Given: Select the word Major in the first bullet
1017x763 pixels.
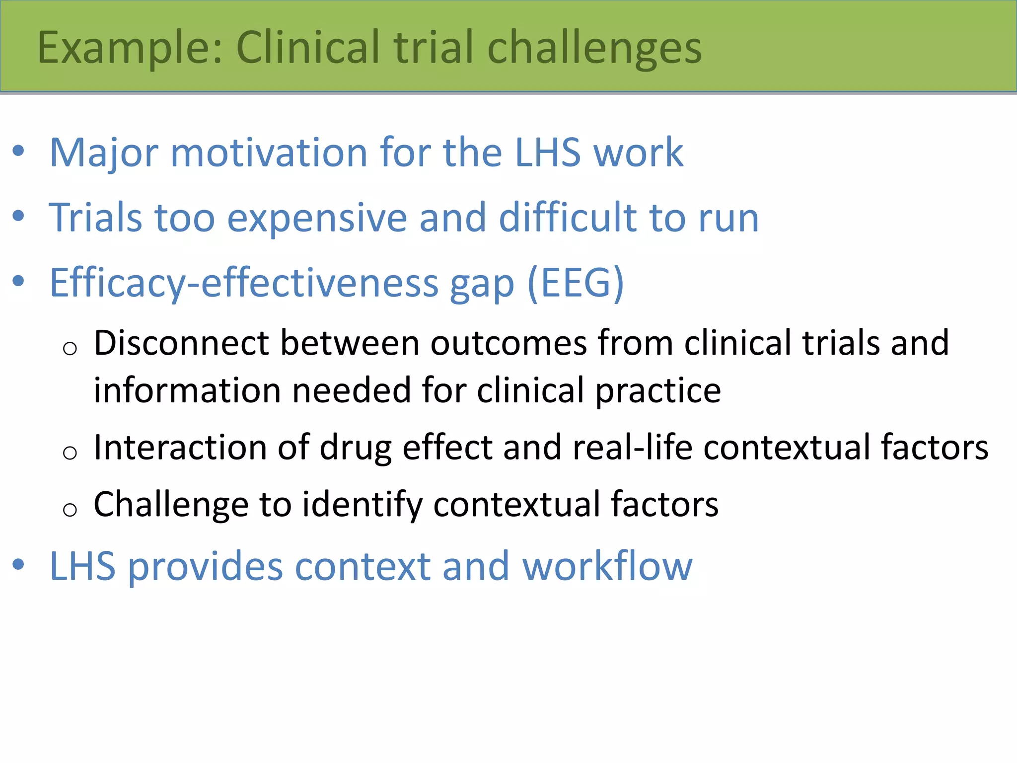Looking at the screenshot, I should [x=104, y=153].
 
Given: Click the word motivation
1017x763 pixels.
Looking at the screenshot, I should [x=269, y=153].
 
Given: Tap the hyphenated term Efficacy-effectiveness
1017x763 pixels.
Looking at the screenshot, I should [x=244, y=283].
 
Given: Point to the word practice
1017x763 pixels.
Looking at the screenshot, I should [x=657, y=391].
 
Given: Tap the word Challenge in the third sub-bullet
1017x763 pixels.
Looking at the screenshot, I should [x=171, y=505].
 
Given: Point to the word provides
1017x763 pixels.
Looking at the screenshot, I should [x=206, y=566].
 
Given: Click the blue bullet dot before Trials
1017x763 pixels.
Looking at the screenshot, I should [x=18, y=216].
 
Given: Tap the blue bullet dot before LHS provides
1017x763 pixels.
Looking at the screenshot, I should [x=18, y=564].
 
